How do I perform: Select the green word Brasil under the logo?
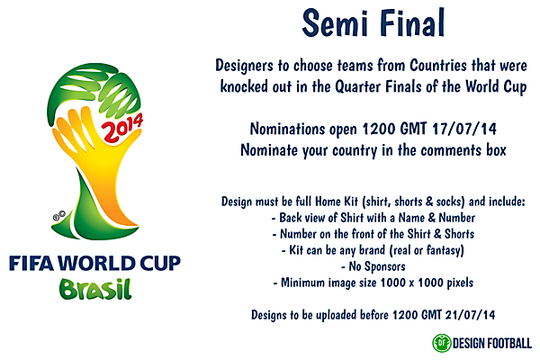point(94,291)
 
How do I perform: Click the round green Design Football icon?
point(442,342)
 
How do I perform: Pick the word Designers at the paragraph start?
point(248,67)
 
